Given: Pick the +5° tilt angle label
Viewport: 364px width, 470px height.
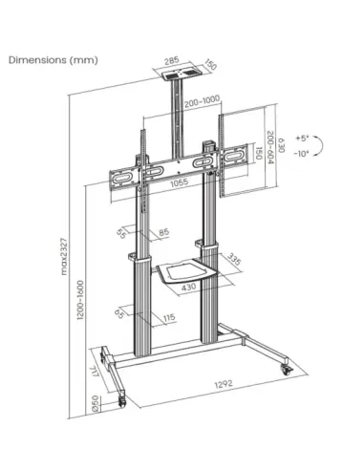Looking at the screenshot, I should point(303,139).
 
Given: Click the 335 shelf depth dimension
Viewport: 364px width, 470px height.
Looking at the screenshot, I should point(235,258).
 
